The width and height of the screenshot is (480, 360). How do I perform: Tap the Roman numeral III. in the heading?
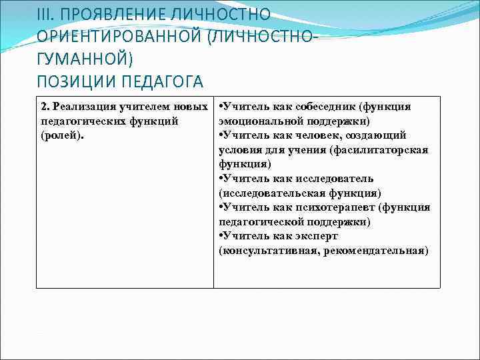click(x=47, y=15)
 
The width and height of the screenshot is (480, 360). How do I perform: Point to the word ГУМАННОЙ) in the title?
click(x=85, y=59)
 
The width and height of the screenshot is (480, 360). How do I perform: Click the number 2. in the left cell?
click(x=45, y=107)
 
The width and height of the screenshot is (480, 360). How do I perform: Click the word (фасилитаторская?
click(x=382, y=150)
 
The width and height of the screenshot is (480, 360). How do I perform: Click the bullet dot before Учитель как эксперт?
click(x=221, y=236)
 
